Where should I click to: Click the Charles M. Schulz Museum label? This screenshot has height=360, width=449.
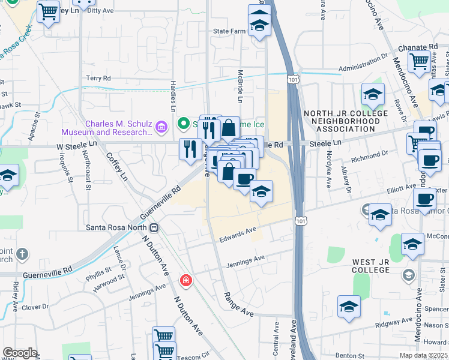coord(117,128)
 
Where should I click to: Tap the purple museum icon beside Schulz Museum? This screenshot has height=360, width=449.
coord(160,127)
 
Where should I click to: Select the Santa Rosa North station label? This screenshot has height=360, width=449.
coord(117,227)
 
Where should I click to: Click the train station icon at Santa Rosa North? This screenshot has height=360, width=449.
coord(154,227)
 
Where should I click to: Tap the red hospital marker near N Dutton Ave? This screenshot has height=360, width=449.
coord(186,280)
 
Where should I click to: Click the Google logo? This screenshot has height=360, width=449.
coord(19,353)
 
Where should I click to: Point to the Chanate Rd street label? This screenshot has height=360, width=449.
coord(417,47)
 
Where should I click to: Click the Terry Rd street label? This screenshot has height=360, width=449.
coord(98,78)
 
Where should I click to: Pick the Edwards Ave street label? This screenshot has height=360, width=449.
coord(239,232)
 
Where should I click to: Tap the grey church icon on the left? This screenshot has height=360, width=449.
coord(22,254)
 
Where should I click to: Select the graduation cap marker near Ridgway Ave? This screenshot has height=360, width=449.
coord(349,307)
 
